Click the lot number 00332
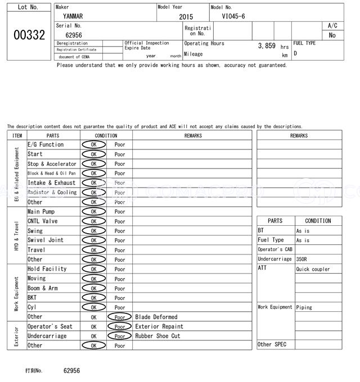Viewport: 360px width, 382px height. pyautogui.click(x=29, y=35)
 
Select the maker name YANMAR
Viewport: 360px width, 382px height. pyautogui.click(x=72, y=16)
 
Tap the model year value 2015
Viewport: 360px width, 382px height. pyautogui.click(x=186, y=17)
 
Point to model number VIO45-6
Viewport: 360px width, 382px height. pyautogui.click(x=233, y=16)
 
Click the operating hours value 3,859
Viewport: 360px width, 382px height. pyautogui.click(x=267, y=46)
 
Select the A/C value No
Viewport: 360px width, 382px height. pyautogui.click(x=332, y=35)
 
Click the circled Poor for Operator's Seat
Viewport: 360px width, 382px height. pyautogui.click(x=119, y=326)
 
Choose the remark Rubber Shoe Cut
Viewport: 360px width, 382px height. pyautogui.click(x=157, y=336)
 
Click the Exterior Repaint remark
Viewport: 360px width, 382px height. pyautogui.click(x=159, y=326)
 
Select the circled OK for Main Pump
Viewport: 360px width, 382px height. pyautogui.click(x=93, y=212)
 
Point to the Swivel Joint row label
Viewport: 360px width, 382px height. pyautogui.click(x=46, y=240)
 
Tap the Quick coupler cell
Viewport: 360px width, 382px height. pyautogui.click(x=313, y=269)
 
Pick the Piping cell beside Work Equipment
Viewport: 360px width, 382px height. pyautogui.click(x=304, y=307)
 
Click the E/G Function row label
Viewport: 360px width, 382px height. pyautogui.click(x=46, y=144)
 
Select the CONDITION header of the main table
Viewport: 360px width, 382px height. pyautogui.click(x=106, y=135)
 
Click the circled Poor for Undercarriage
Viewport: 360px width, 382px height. pyautogui.click(x=119, y=336)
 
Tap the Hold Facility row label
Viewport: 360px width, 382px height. pyautogui.click(x=47, y=269)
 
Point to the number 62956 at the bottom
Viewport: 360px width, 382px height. pyautogui.click(x=72, y=371)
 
